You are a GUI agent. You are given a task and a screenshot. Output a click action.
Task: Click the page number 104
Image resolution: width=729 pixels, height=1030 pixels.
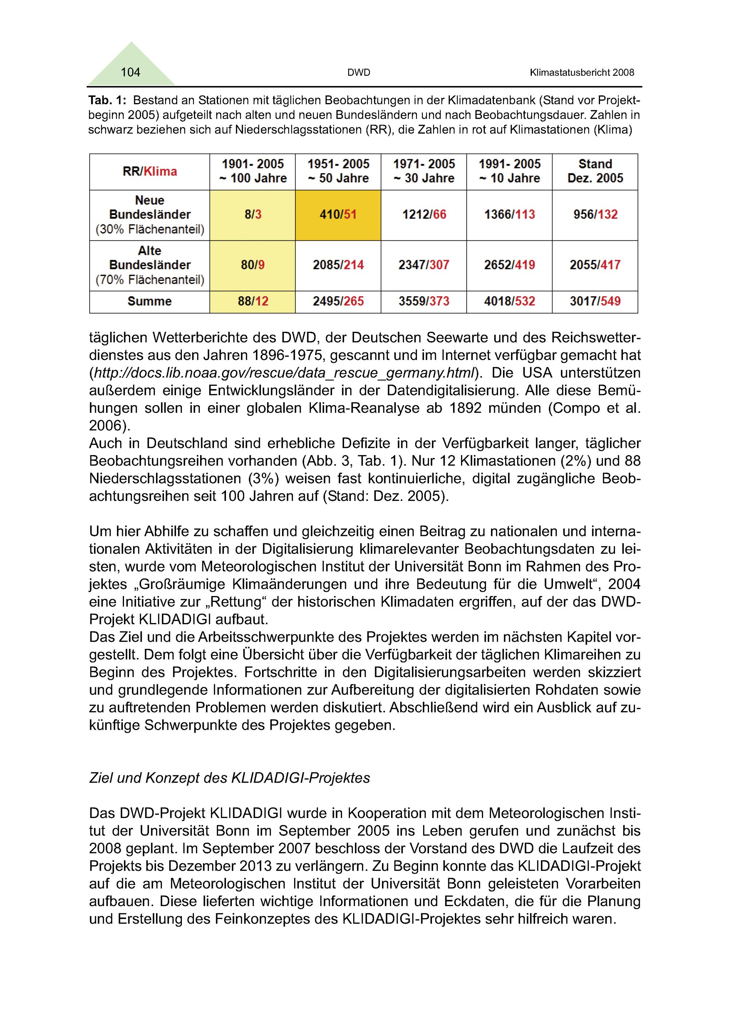tap(130, 72)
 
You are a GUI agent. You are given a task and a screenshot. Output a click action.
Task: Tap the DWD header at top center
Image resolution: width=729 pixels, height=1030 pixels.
tap(359, 73)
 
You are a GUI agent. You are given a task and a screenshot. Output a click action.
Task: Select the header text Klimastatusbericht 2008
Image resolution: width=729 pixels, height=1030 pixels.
tap(582, 73)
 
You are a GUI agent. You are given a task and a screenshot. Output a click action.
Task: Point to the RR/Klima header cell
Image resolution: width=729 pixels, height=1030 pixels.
tap(149, 171)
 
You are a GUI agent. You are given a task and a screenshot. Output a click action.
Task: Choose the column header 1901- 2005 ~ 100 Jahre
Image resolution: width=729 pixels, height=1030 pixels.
tap(253, 171)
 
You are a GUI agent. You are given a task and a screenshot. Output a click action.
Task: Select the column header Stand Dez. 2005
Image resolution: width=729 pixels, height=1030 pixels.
tap(595, 171)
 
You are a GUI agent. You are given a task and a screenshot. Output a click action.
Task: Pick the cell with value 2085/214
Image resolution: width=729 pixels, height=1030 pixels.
tap(338, 265)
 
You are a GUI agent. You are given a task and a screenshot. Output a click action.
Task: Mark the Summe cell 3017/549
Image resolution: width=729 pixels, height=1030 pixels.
tap(595, 301)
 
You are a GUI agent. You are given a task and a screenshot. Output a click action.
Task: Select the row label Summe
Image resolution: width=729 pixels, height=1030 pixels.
tap(149, 301)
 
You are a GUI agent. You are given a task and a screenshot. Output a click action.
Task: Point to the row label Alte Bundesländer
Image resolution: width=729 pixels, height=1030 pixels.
tap(149, 258)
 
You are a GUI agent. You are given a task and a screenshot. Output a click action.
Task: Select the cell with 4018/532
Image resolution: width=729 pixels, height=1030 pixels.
tap(510, 301)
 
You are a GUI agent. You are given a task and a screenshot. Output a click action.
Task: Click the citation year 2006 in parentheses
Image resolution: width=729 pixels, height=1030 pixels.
tap(106, 425)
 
